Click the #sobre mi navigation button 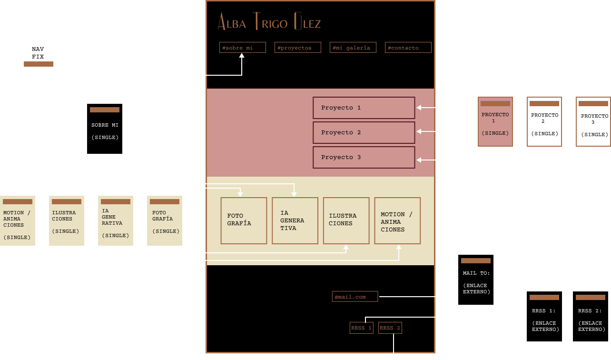[x=243, y=48]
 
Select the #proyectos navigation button [x=298, y=48]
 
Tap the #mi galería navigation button [x=353, y=48]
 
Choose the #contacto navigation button [x=408, y=48]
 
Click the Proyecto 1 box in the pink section [x=364, y=108]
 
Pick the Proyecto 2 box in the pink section [x=364, y=133]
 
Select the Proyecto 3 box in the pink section [x=364, y=158]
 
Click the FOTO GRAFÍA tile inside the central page [x=244, y=220]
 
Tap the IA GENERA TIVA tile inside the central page [x=295, y=220]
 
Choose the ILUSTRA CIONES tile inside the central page [x=346, y=220]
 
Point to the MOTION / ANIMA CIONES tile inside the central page [x=397, y=221]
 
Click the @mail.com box [x=355, y=297]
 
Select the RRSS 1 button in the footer [x=362, y=328]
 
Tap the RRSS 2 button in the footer [x=390, y=328]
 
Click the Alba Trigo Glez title [x=269, y=22]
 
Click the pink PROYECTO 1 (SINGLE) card [x=495, y=122]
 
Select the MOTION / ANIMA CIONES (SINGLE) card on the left [x=17, y=221]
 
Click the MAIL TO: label [x=476, y=274]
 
